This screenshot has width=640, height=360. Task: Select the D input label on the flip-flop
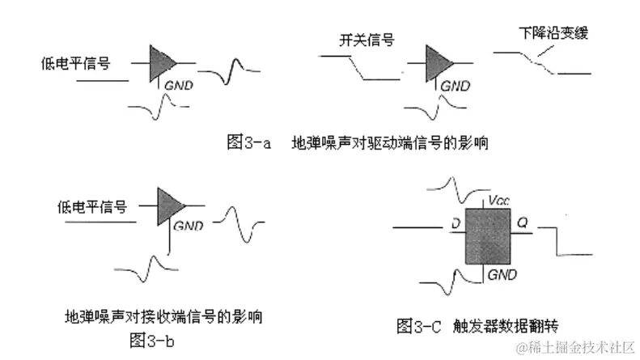[456, 222]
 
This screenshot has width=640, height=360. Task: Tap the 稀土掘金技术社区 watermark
[577, 346]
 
